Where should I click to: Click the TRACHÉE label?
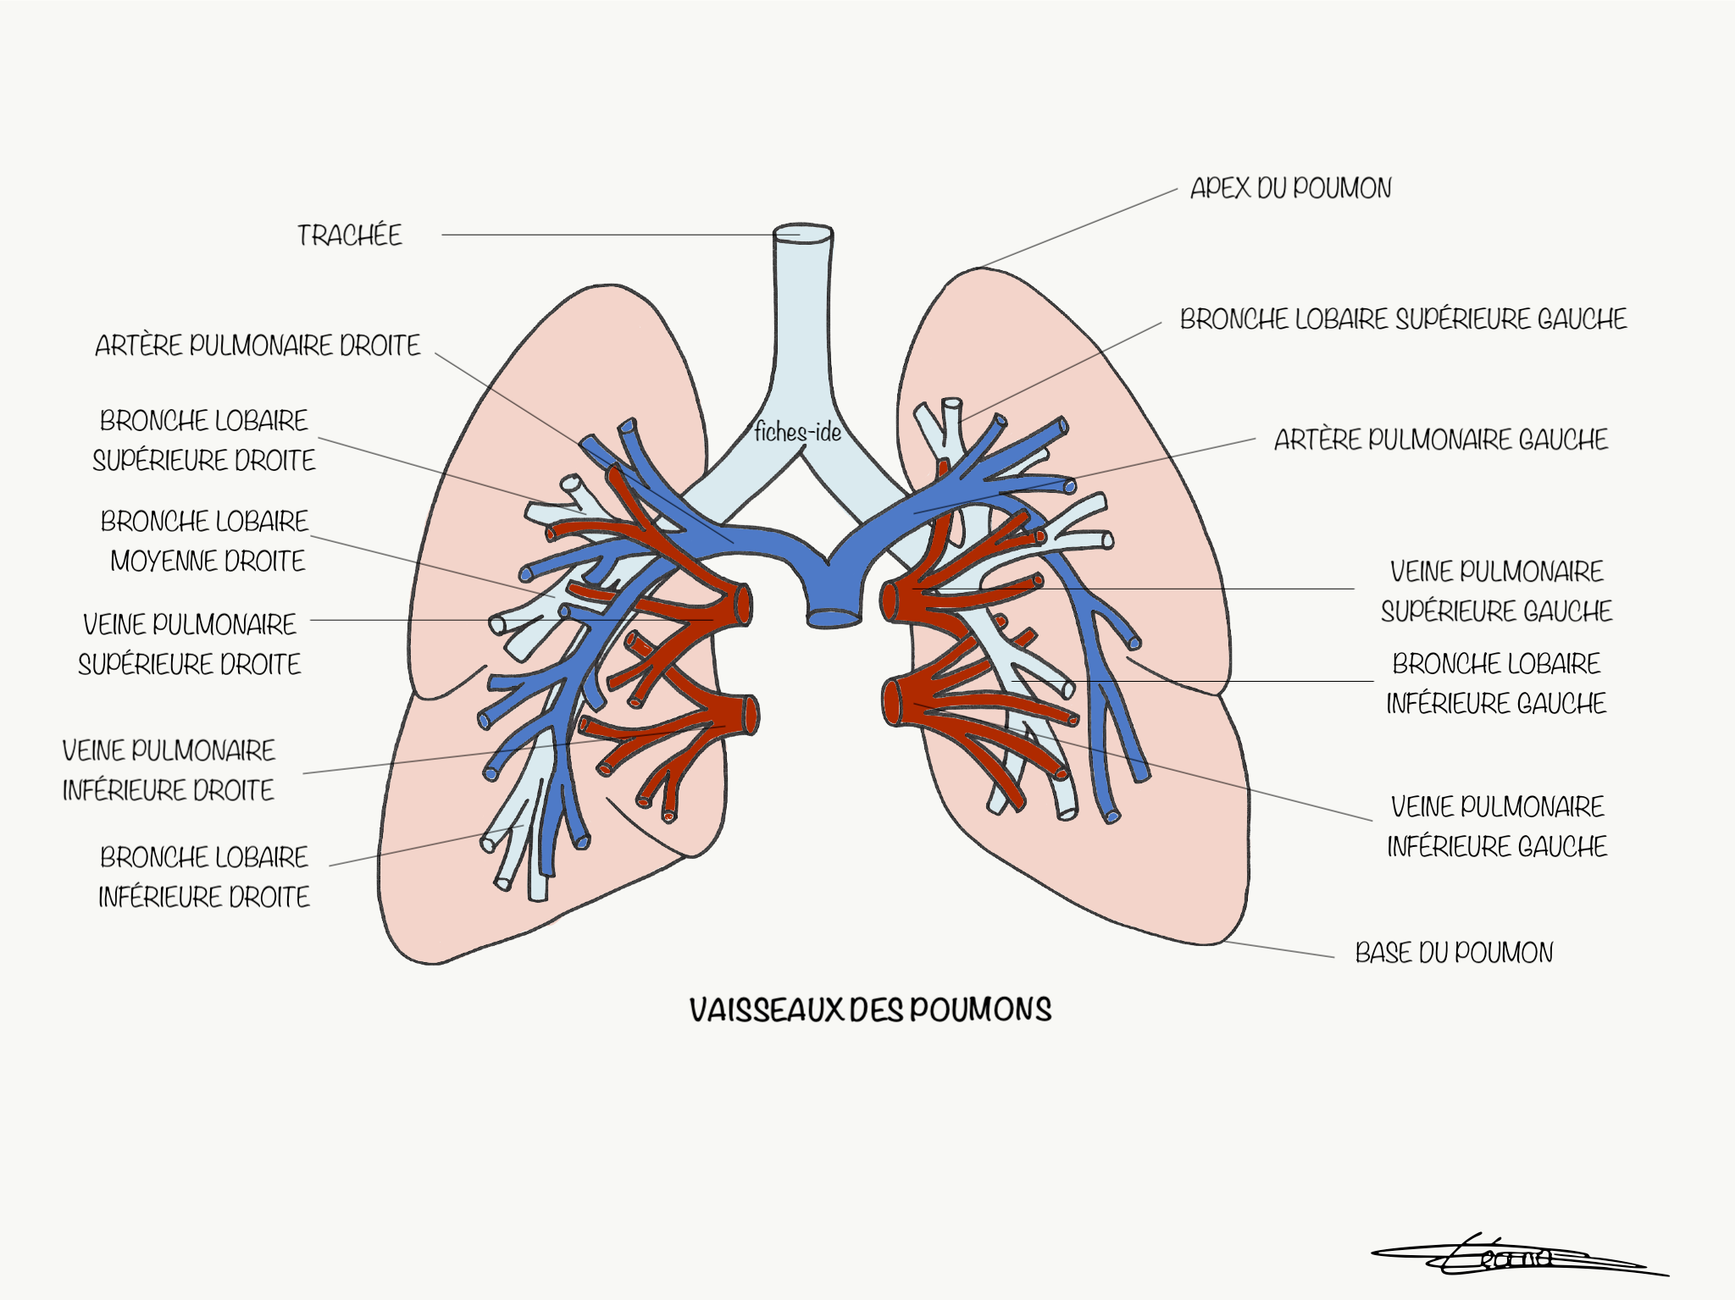(x=349, y=235)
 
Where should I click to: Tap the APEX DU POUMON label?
(x=1290, y=188)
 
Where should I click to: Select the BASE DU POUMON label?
(x=1454, y=953)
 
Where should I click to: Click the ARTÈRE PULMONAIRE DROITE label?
(x=258, y=346)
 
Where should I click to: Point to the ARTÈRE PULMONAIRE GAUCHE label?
(x=1440, y=440)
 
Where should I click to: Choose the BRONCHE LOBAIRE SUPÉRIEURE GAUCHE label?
(x=1403, y=319)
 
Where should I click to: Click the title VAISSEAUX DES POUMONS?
(x=870, y=1010)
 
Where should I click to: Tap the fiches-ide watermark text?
(x=797, y=433)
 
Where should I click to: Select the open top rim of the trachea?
(x=803, y=232)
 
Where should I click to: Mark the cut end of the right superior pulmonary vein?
(x=743, y=604)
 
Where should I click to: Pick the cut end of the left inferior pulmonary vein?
(x=891, y=702)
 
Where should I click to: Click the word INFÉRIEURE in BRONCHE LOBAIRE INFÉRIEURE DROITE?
(x=162, y=897)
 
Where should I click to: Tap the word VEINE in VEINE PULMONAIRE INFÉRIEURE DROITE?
(x=93, y=750)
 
